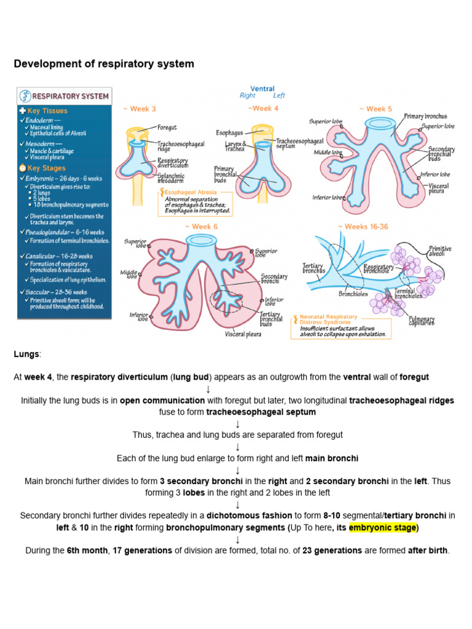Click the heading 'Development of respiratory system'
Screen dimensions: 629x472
point(104,64)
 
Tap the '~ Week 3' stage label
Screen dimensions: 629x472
point(140,109)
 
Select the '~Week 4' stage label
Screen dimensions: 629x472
point(263,109)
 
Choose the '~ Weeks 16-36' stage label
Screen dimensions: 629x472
point(363,227)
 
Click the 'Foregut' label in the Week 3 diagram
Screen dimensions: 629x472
point(167,128)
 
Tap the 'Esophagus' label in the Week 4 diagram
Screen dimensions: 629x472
point(229,132)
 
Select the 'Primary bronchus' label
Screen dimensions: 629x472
point(425,116)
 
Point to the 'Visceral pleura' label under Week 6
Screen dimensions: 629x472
point(243,334)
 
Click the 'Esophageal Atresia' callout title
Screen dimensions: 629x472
point(188,192)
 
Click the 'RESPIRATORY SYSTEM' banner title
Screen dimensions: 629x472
point(70,96)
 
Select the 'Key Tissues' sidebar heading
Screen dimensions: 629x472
point(47,111)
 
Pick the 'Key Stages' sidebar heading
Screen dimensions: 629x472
point(46,168)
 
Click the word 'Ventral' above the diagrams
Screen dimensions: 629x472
point(262,89)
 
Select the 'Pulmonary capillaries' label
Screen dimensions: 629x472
point(422,321)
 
